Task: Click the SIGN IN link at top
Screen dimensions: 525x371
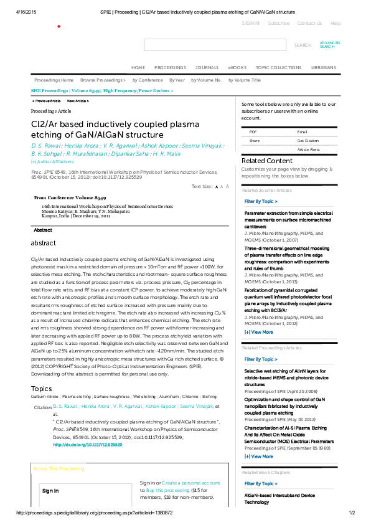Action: (x=251, y=23)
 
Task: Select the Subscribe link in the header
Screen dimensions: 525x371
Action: (x=278, y=23)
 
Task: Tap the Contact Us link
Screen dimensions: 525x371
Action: (x=309, y=23)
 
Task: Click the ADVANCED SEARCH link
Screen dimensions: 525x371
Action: (x=329, y=45)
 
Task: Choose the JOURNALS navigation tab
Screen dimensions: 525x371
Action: (x=207, y=67)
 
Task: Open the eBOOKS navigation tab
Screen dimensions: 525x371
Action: (x=237, y=67)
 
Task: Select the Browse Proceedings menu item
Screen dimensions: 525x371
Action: (x=103, y=80)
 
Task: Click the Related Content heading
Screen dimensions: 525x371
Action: (x=266, y=161)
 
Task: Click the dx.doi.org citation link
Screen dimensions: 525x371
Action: (x=87, y=445)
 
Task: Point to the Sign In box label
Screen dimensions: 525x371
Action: (x=50, y=491)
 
